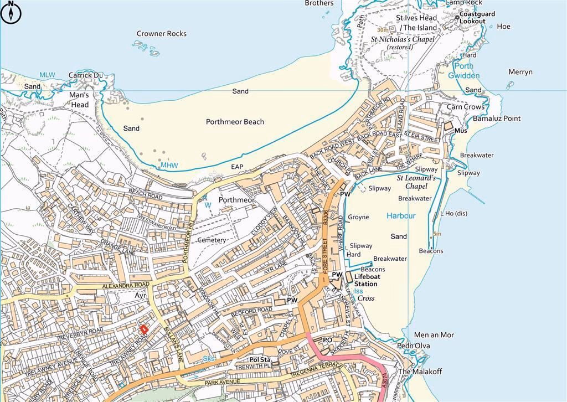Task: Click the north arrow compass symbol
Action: tap(11, 12)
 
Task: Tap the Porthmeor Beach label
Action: tap(235, 122)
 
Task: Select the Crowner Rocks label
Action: tap(162, 34)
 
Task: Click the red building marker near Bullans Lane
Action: tap(144, 329)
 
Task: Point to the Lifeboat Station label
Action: tap(365, 280)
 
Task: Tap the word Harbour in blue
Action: tap(401, 216)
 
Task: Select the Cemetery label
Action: tap(212, 240)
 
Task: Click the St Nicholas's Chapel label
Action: tap(403, 43)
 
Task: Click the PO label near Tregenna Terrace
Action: tap(327, 339)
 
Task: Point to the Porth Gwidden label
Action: tap(464, 71)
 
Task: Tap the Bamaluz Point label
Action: tap(497, 118)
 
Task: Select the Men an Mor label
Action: tap(434, 335)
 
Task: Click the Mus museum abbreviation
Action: tap(460, 131)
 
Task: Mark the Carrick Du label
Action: tap(86, 75)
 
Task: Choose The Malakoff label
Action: tap(420, 372)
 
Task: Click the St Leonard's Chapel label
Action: tap(416, 182)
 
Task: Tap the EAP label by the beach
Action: tap(238, 167)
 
